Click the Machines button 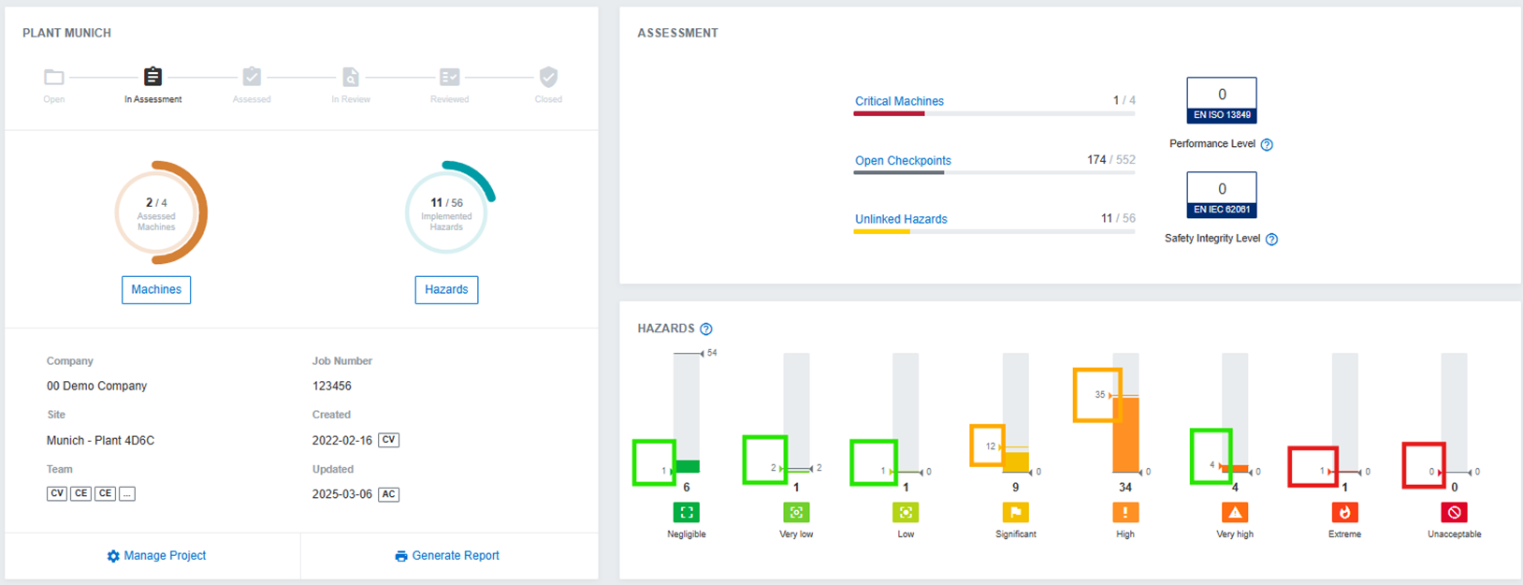(x=156, y=290)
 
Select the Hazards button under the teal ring (x=446, y=290)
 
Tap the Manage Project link (x=156, y=556)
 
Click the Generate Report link (x=447, y=556)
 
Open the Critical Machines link (x=899, y=101)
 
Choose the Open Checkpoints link (x=903, y=161)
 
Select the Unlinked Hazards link (x=901, y=219)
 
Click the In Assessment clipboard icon (x=152, y=77)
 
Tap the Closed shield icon (x=548, y=77)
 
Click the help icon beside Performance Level (x=1267, y=144)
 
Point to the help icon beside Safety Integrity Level (x=1271, y=239)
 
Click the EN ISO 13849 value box (x=1222, y=99)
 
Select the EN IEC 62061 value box (x=1222, y=194)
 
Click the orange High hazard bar (x=1125, y=435)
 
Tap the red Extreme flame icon (x=1344, y=513)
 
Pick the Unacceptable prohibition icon (x=1454, y=513)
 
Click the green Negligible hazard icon (x=687, y=513)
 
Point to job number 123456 (x=332, y=386)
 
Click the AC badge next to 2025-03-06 (x=388, y=494)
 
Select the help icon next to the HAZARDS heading (x=706, y=329)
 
